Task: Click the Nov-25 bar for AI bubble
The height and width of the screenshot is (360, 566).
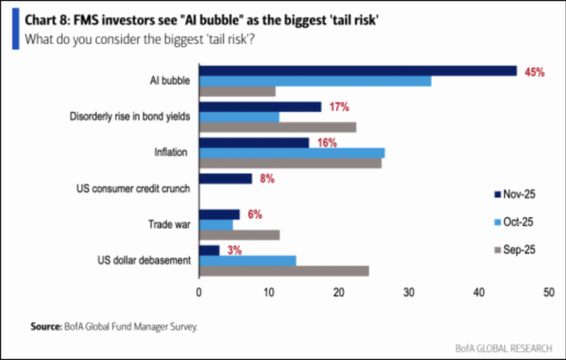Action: tap(358, 71)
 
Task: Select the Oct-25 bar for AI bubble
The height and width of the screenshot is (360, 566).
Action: tap(315, 80)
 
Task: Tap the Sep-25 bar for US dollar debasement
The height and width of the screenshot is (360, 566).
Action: tap(284, 270)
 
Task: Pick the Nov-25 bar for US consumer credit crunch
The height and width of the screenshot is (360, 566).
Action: tap(225, 179)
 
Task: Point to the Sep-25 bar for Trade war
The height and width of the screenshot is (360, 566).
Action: tap(239, 234)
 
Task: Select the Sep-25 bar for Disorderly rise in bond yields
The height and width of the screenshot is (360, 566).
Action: tap(277, 126)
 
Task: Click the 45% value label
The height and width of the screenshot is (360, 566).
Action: tap(534, 72)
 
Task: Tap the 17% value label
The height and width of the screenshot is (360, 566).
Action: tap(338, 107)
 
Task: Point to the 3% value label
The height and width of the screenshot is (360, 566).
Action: tap(234, 250)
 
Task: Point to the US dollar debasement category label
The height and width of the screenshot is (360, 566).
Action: tap(143, 260)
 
